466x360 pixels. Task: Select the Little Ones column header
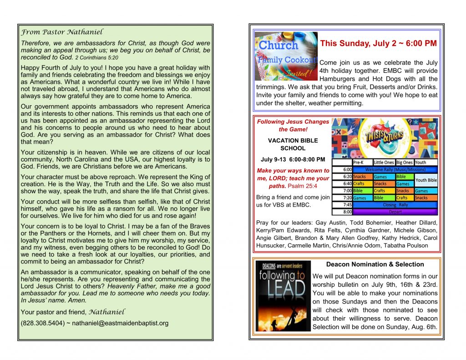click(384, 162)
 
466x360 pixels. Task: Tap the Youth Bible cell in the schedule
click(426, 180)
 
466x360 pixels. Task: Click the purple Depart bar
click(395, 212)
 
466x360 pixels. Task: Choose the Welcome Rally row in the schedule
click(395, 169)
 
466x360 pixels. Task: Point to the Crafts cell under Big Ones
click(402, 198)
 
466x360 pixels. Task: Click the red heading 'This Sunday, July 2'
click(378, 44)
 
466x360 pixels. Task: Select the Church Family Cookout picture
click(286, 56)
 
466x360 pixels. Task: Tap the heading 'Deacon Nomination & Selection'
click(375, 264)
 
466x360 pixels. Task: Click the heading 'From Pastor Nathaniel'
click(62, 32)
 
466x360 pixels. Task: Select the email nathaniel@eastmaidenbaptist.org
click(121, 323)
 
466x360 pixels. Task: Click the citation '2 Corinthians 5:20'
click(96, 58)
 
